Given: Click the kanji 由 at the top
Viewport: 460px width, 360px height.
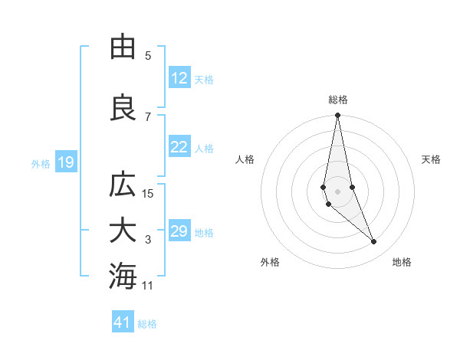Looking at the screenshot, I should coord(123,47).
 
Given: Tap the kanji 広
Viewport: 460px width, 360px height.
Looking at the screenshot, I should coord(123,186).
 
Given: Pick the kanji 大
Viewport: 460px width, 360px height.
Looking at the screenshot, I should coord(123,231).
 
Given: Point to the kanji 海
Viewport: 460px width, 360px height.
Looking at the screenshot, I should coord(123,277).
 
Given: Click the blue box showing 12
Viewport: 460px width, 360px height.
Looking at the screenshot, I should coord(179,78).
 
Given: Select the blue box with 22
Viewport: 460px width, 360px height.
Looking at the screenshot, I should coord(179,148).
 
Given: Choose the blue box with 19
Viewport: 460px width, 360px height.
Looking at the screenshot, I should coord(65,162).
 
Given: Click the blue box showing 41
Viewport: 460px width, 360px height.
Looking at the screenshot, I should coord(123,322).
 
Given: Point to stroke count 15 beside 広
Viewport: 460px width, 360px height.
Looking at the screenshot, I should coord(148,194).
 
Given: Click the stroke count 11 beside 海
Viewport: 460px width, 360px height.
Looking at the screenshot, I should coord(148,286).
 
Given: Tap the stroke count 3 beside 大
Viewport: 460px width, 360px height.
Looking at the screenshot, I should coord(148,240).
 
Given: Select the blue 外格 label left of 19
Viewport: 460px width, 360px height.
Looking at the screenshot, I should coord(41,163).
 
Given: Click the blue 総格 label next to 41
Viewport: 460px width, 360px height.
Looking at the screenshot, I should coord(147,323).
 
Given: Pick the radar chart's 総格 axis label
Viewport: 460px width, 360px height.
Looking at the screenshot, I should coord(338,100).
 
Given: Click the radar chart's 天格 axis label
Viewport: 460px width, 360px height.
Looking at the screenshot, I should coord(432,159).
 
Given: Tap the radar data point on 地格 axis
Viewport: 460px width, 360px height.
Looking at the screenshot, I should coord(374,242).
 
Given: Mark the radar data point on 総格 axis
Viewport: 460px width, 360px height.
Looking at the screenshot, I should coord(337,116).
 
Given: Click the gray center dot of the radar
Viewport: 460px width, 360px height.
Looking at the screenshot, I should coord(337,191).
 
